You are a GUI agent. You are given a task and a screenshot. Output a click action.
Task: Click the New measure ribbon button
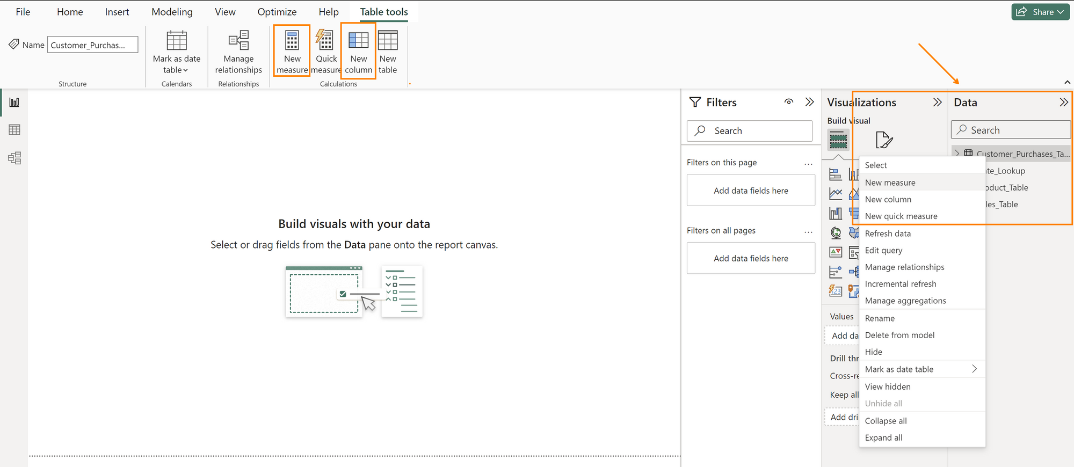pyautogui.click(x=292, y=52)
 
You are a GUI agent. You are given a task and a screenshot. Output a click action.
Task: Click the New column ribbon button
pyautogui.click(x=358, y=52)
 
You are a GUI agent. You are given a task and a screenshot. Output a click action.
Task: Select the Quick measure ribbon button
pyautogui.click(x=325, y=52)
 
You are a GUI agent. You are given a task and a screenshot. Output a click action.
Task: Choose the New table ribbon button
pyautogui.click(x=387, y=52)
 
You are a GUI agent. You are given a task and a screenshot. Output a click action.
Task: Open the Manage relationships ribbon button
pyautogui.click(x=238, y=52)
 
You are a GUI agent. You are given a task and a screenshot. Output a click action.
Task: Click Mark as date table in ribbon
pyautogui.click(x=176, y=52)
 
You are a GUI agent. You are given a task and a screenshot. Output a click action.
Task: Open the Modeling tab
pyautogui.click(x=172, y=12)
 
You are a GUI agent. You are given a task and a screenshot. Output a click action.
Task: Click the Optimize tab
pyautogui.click(x=277, y=12)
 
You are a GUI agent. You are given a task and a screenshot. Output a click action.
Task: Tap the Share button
pyautogui.click(x=1040, y=12)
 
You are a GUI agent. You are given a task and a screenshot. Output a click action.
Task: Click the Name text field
pyautogui.click(x=92, y=45)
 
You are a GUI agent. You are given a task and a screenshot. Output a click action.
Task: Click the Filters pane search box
pyautogui.click(x=750, y=131)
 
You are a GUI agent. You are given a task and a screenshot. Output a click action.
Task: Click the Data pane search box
pyautogui.click(x=1011, y=130)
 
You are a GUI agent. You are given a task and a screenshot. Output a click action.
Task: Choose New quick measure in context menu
pyautogui.click(x=901, y=216)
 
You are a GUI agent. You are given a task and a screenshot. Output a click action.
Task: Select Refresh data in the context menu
pyautogui.click(x=888, y=233)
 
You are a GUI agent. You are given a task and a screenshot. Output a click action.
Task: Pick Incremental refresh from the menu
pyautogui.click(x=901, y=284)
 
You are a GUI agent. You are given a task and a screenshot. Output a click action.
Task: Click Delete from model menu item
pyautogui.click(x=899, y=335)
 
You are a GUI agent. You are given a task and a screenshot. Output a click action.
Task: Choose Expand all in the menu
pyautogui.click(x=883, y=437)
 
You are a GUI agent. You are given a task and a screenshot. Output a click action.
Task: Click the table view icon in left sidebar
pyautogui.click(x=14, y=130)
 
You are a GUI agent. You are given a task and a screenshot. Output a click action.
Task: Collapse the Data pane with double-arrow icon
pyautogui.click(x=1063, y=103)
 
